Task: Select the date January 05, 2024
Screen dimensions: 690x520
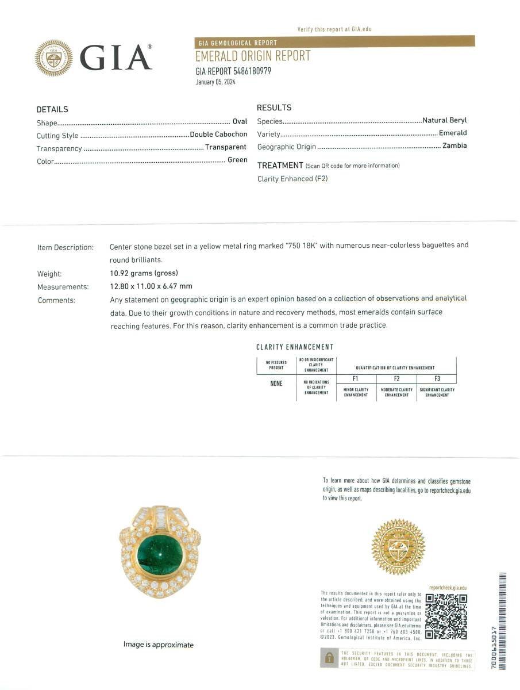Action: click(215, 82)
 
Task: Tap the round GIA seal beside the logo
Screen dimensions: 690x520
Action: click(54, 58)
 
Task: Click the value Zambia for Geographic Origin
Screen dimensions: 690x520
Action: click(454, 146)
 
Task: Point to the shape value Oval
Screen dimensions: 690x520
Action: click(240, 122)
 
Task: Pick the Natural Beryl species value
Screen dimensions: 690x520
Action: click(445, 121)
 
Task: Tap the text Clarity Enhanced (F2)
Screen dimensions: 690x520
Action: click(292, 179)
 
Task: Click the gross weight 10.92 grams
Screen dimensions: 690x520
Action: click(144, 274)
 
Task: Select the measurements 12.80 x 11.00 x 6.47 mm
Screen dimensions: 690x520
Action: click(151, 286)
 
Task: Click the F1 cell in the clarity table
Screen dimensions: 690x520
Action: click(356, 379)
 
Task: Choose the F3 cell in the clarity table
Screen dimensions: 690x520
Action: click(437, 379)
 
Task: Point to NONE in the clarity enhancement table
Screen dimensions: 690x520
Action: click(276, 384)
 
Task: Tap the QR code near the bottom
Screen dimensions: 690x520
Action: click(446, 616)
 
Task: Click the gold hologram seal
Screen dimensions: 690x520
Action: click(398, 546)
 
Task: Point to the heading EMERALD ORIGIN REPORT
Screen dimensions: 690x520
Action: click(253, 56)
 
